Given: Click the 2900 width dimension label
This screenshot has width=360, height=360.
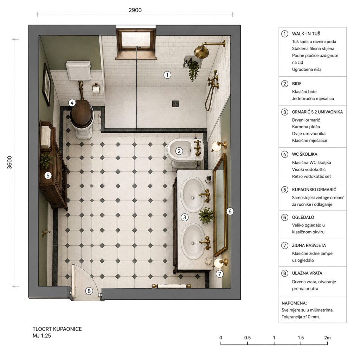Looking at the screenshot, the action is tap(135, 10).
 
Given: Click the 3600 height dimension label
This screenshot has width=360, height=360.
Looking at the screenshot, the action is tap(9, 162).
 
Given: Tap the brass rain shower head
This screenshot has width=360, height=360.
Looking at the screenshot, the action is tap(201, 52).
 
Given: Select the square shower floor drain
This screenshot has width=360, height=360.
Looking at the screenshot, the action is tap(176, 104).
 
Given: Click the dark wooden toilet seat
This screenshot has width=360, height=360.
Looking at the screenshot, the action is tap(82, 114).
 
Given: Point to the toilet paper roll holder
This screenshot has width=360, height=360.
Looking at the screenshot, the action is tap(97, 89).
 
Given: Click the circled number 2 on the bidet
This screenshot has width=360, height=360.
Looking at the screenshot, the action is tap(179, 151).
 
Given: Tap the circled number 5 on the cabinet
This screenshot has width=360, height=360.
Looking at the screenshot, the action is tap(48, 176).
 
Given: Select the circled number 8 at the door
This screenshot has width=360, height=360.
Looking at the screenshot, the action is tap(89, 291).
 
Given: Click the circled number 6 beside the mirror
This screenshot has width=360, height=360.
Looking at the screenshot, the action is tap(230, 211).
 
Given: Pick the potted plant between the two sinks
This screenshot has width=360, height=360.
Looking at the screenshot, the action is tap(207, 215).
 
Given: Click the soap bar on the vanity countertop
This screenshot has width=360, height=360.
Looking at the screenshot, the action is tap(209, 261).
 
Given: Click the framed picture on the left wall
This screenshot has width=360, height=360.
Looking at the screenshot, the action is tap(47, 85).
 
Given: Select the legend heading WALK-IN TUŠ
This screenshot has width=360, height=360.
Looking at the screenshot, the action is tap(306, 34).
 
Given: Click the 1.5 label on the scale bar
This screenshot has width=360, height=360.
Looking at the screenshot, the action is tap(301, 338).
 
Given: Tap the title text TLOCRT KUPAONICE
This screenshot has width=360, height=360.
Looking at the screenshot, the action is tap(57, 329).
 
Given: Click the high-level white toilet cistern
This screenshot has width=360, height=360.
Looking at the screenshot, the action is tap(78, 70).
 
